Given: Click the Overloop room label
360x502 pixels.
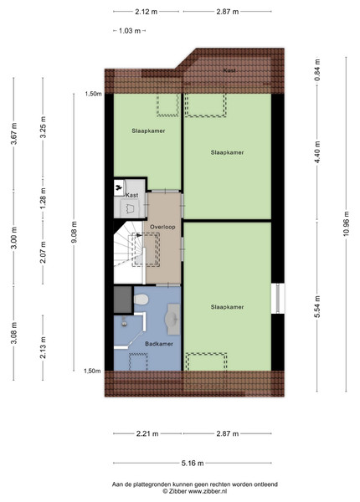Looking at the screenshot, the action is [x=162, y=227].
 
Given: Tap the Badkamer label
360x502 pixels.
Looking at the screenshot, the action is [x=159, y=344].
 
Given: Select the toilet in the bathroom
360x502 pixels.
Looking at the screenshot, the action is [x=141, y=300].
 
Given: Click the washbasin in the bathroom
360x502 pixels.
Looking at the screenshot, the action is [x=172, y=320].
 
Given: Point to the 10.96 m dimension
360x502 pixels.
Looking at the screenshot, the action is [x=346, y=224].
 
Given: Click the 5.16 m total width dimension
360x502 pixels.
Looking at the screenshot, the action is [x=193, y=463].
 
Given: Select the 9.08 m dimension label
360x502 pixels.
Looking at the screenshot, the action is [x=74, y=232].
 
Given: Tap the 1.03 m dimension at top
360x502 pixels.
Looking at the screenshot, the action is [x=130, y=31].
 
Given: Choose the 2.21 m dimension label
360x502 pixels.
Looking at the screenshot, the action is [x=147, y=433].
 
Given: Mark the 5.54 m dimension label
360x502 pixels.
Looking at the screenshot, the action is [x=317, y=307].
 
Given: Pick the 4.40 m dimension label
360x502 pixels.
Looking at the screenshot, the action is [x=317, y=152].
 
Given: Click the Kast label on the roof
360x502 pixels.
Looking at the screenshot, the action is [x=229, y=70].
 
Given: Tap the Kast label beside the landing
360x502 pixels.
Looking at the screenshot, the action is [x=132, y=195].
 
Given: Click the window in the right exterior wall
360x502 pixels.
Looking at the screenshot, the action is [x=278, y=299].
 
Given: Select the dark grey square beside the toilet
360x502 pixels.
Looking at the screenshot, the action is [x=123, y=300].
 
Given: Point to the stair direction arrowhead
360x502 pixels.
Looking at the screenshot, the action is [x=139, y=235].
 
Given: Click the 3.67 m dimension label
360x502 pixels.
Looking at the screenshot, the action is [x=13, y=134].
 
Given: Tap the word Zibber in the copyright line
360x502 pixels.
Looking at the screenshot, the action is [x=177, y=491].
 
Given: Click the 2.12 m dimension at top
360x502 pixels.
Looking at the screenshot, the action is [x=146, y=12].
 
